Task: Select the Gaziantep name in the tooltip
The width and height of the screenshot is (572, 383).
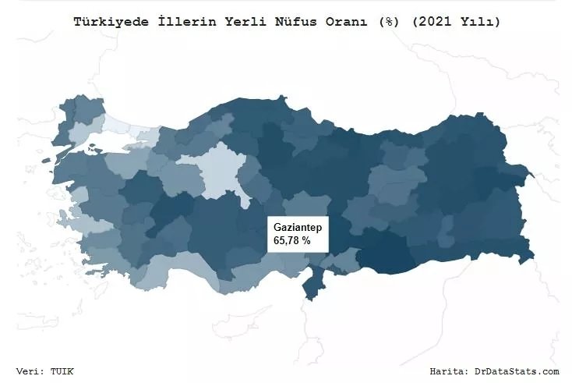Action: tap(299, 226)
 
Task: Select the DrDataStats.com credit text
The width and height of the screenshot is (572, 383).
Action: tap(517, 371)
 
